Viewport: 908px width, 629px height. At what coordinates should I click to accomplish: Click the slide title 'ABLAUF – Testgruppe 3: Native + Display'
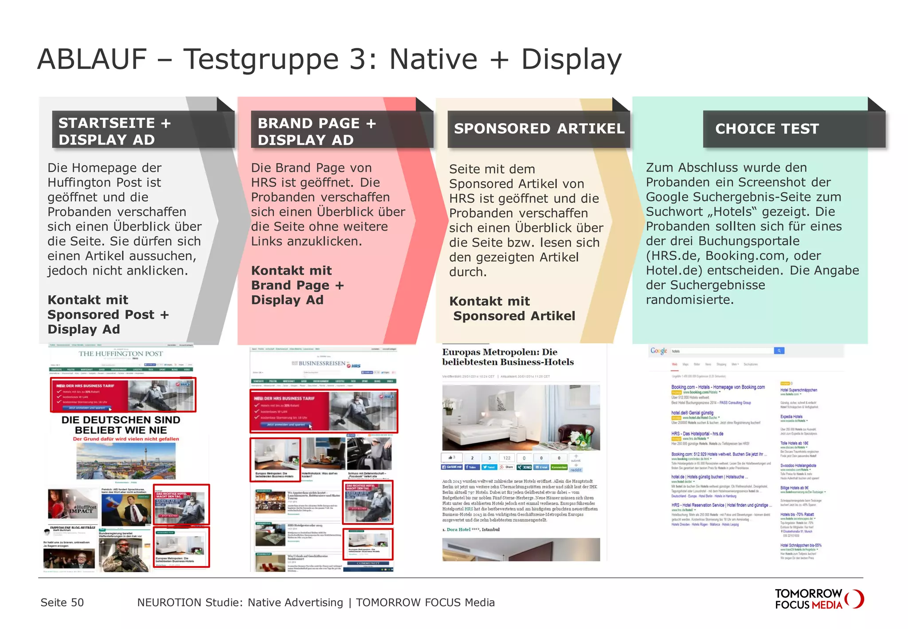click(x=329, y=59)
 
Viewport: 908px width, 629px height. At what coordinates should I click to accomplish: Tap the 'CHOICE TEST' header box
click(x=794, y=129)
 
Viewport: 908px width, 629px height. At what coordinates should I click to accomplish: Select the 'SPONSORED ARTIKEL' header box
click(x=539, y=129)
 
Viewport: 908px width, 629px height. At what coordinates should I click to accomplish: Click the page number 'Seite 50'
click(x=62, y=602)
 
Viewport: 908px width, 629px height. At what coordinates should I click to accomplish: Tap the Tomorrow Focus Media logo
click(x=818, y=599)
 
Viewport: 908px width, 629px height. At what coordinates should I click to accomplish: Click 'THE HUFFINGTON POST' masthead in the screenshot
click(x=121, y=354)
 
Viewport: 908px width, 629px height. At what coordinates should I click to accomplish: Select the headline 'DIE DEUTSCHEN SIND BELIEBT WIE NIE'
click(x=121, y=425)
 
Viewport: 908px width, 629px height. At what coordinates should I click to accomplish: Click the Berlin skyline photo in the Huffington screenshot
click(x=126, y=461)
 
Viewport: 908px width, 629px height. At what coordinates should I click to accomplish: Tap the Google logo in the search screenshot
click(x=658, y=351)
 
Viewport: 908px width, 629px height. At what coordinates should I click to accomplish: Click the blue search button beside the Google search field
click(x=779, y=351)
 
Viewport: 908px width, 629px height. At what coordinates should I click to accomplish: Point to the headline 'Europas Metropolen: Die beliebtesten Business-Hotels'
click(x=508, y=357)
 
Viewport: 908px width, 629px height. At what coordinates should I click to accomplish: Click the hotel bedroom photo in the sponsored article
click(x=521, y=417)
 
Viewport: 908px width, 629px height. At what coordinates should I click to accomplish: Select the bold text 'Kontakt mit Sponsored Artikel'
click(x=512, y=309)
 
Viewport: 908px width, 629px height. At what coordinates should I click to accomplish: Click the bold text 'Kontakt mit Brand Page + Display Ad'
click(x=297, y=285)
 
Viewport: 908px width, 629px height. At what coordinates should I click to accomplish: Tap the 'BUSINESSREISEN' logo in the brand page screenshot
click(x=322, y=363)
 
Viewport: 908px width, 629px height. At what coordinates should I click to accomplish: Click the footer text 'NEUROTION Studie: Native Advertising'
click(x=240, y=602)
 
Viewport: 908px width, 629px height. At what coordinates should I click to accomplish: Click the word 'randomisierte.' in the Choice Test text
click(x=689, y=300)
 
